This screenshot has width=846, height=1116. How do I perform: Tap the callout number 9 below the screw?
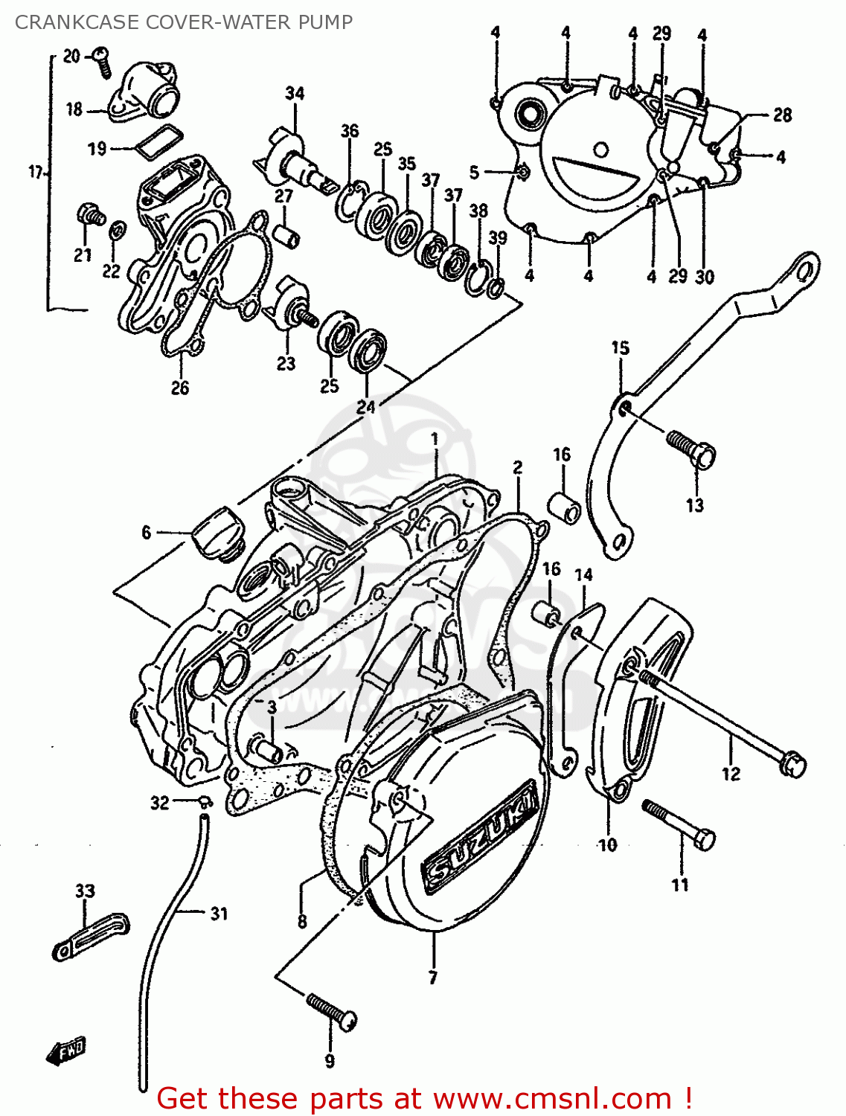coord(330,1061)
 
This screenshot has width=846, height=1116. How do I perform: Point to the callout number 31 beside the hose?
coord(218,913)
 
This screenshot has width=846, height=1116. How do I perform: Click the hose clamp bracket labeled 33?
coord(91,937)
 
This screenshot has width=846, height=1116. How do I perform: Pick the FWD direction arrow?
coord(65,1050)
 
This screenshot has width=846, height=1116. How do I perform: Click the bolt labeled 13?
coord(692,449)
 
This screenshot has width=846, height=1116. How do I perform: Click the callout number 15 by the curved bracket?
coord(620,347)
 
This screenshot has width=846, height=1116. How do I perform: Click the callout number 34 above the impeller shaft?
coord(295,94)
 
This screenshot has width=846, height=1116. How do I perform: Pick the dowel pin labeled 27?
coord(288,235)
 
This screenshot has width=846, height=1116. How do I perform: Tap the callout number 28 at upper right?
coord(782,115)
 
